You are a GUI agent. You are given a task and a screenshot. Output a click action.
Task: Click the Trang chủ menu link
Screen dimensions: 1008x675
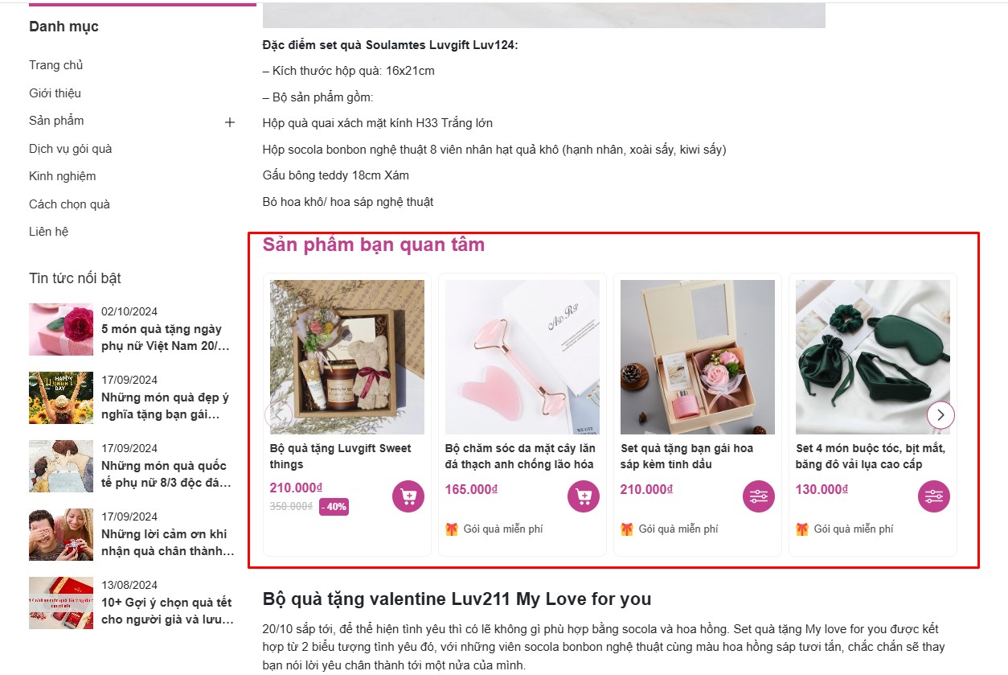55,65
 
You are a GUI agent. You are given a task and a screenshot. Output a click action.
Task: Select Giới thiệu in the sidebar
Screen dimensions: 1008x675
55,93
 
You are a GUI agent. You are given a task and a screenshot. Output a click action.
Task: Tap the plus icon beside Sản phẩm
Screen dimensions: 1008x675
230,122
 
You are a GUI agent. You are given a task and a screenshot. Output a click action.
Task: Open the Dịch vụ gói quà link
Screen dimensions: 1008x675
70,149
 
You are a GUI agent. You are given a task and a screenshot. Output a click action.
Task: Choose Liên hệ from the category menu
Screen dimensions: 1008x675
48,232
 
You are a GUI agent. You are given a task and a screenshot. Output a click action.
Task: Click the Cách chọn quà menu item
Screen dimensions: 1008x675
69,204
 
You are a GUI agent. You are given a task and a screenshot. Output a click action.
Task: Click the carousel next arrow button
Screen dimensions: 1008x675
940,414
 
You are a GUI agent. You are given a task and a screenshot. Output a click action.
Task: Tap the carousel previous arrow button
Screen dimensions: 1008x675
278,414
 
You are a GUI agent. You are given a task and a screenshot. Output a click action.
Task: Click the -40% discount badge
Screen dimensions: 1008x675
334,507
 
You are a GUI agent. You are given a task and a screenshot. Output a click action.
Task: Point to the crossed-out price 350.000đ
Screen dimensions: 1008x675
291,506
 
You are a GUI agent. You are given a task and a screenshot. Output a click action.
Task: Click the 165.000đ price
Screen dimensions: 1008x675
471,489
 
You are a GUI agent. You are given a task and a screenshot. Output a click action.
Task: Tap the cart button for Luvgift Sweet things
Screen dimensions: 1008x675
408,496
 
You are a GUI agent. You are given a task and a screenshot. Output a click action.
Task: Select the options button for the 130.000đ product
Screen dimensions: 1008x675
934,496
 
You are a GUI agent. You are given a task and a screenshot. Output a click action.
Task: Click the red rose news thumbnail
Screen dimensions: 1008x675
61,330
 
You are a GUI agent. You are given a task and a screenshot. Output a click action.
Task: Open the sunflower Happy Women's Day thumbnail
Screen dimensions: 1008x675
61,397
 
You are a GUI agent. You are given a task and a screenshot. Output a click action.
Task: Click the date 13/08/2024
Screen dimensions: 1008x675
129,585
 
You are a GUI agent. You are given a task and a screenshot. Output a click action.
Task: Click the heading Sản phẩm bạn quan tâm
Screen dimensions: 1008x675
374,245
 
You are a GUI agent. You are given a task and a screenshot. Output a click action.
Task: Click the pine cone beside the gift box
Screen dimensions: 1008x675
632,376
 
